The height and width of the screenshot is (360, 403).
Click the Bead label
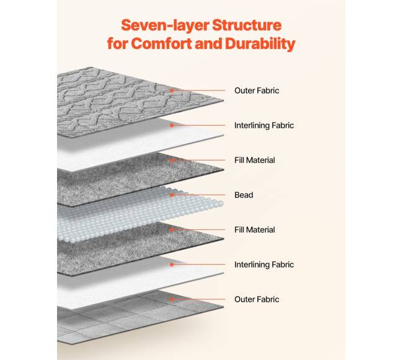click(x=244, y=195)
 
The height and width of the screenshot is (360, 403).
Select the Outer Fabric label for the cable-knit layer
click(x=256, y=90)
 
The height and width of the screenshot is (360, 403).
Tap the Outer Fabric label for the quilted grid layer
click(x=256, y=299)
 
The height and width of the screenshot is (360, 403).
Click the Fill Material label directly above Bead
click(x=254, y=160)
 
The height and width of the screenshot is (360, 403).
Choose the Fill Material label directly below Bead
click(x=254, y=230)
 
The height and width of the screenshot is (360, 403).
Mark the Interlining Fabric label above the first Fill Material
click(x=263, y=125)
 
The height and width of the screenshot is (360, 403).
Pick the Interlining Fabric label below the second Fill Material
click(x=263, y=265)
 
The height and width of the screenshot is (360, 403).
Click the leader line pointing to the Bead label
click(x=198, y=195)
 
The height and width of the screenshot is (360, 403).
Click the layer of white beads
click(x=124, y=211)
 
